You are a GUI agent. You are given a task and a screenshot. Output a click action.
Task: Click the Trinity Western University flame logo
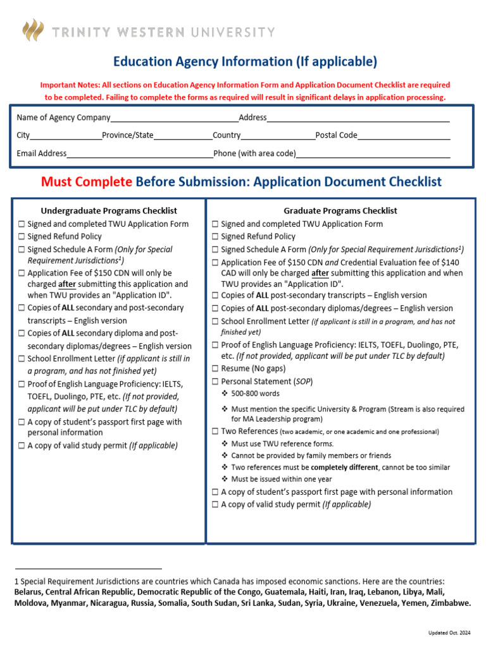[34, 30]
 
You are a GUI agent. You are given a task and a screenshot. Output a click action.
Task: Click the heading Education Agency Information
[245, 61]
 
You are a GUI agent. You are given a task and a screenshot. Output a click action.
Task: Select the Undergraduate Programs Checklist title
[109, 211]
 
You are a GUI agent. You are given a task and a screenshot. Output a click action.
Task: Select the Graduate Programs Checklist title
[340, 211]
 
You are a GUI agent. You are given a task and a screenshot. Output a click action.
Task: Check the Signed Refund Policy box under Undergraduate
[22, 237]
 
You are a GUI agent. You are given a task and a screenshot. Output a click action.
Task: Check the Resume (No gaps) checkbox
[216, 368]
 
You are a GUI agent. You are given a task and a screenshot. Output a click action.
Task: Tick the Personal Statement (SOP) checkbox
[216, 382]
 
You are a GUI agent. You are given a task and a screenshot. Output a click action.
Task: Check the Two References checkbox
[216, 432]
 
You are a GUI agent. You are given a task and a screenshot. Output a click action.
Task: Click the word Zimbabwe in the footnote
[451, 603]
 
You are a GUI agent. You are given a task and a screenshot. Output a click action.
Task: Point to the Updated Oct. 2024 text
[449, 632]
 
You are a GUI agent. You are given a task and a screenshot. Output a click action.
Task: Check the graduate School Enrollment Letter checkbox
[216, 322]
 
